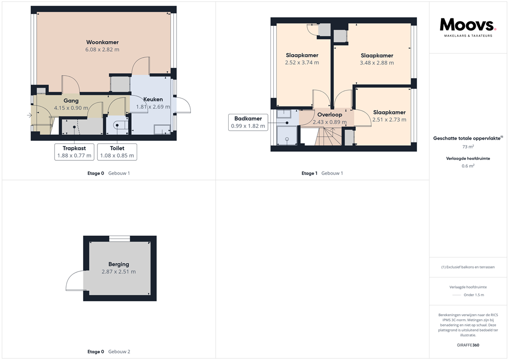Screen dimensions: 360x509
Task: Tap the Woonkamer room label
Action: (x=102, y=42)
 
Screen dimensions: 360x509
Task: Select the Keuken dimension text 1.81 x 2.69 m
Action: (x=153, y=107)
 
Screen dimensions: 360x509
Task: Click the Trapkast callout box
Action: (x=74, y=152)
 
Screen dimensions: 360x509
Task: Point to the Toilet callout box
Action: (x=117, y=152)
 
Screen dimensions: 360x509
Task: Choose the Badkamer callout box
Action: (x=249, y=122)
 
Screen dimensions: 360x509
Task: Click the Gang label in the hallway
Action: (x=71, y=101)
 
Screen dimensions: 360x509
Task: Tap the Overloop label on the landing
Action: (x=330, y=115)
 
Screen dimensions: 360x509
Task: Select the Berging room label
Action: (x=118, y=264)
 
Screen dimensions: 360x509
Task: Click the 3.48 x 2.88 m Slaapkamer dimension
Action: (x=377, y=63)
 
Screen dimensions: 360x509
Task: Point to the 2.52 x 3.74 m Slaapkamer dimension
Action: (x=302, y=63)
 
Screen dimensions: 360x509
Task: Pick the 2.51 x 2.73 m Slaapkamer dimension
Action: (x=389, y=120)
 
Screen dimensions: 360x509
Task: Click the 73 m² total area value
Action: (x=468, y=147)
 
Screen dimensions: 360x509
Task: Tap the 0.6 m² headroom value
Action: (x=468, y=166)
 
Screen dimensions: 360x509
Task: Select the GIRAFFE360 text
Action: (x=468, y=345)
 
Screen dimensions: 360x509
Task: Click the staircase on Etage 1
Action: (x=329, y=136)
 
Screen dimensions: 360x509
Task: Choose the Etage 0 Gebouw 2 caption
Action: (x=109, y=352)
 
